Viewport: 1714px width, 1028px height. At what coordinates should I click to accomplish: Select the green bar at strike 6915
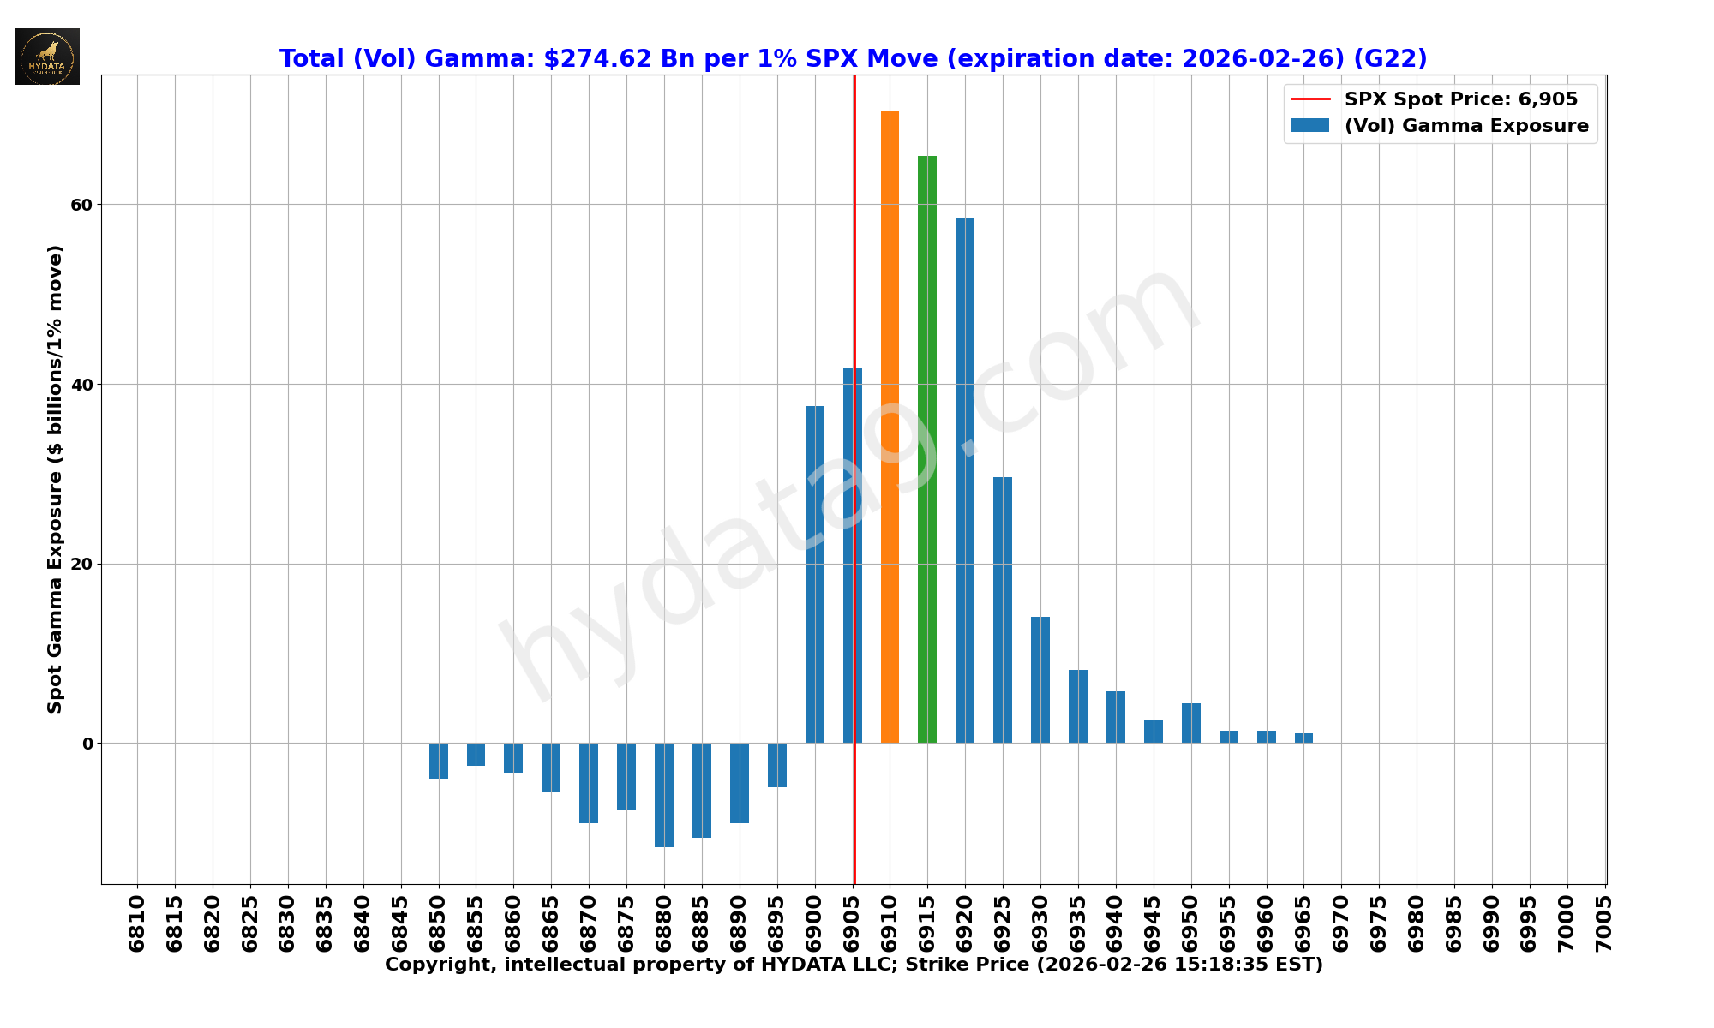pos(927,449)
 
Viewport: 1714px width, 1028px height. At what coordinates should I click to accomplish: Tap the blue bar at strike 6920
pos(965,480)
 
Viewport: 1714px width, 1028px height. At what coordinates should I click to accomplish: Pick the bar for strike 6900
pos(814,574)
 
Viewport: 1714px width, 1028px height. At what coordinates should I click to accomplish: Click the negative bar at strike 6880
pos(664,795)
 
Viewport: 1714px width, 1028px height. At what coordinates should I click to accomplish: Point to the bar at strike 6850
pos(439,761)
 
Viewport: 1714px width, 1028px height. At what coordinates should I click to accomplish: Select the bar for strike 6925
pos(1003,610)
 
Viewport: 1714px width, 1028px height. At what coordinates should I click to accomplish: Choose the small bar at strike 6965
pos(1303,738)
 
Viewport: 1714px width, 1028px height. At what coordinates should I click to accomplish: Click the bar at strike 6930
pos(1040,679)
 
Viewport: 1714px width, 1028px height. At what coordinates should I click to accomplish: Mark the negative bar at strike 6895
pos(777,765)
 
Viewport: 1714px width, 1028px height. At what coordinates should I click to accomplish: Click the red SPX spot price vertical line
pos(854,257)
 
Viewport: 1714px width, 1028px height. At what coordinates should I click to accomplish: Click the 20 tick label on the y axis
pos(81,564)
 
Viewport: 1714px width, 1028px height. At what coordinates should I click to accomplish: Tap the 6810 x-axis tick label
pos(137,923)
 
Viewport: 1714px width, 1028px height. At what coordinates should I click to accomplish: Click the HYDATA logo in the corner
pos(47,57)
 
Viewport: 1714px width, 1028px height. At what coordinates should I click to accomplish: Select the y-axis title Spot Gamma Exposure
pos(55,479)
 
